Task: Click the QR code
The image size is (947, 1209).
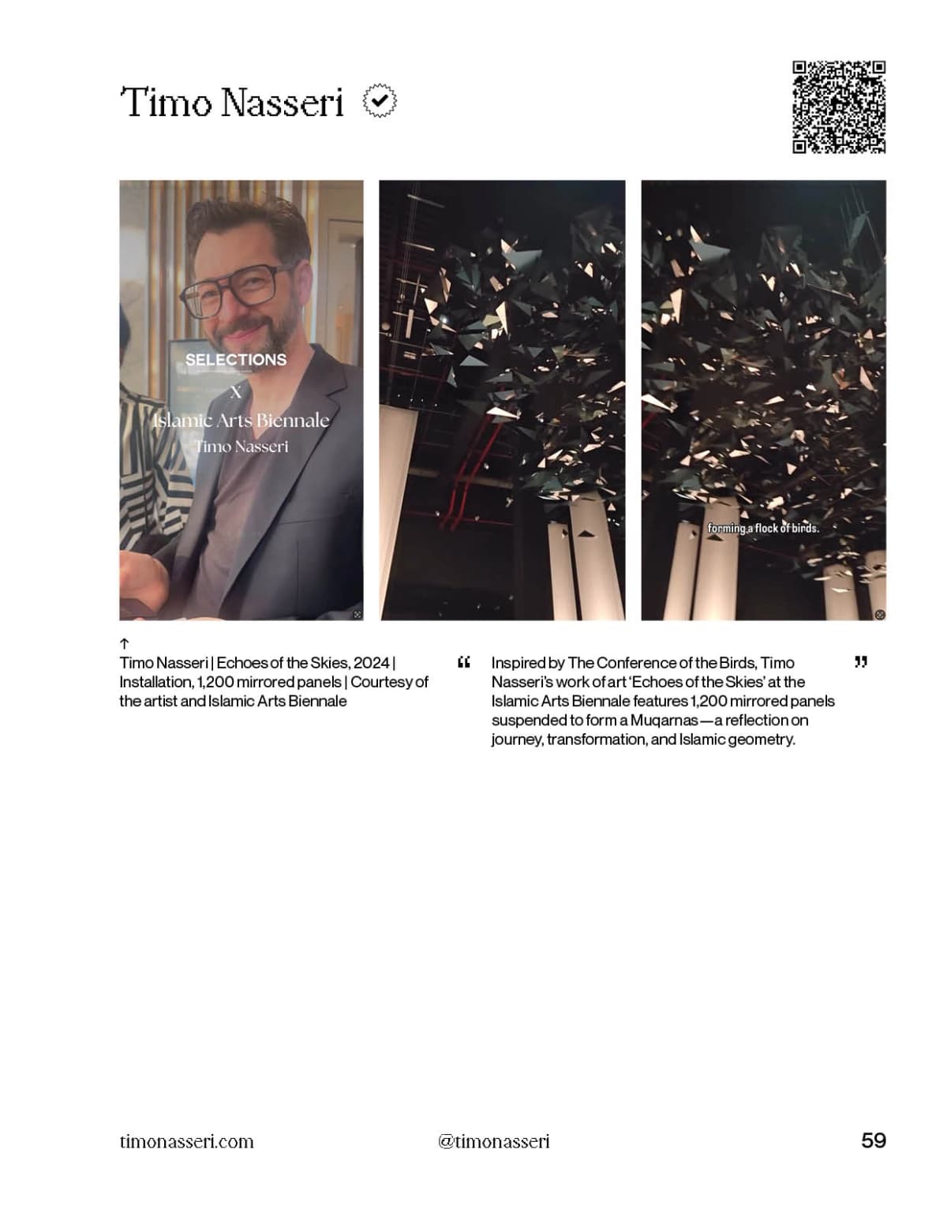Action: coord(839,107)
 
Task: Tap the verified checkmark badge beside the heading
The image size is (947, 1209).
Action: coord(380,101)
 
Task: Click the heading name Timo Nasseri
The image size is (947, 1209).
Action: coord(232,103)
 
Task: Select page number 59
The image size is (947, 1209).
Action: coord(874,1140)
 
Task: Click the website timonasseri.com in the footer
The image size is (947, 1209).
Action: coord(187,1141)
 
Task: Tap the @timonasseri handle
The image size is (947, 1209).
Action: coord(494,1141)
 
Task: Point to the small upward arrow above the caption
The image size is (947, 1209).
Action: coord(125,644)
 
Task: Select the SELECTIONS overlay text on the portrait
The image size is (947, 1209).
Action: coord(236,360)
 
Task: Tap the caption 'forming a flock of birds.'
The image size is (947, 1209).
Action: coord(763,528)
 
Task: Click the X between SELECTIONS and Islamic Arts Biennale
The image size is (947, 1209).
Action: coord(235,392)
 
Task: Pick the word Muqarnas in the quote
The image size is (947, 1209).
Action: coord(664,720)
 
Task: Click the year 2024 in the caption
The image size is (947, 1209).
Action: coord(372,663)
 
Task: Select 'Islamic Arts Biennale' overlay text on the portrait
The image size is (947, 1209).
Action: coord(241,420)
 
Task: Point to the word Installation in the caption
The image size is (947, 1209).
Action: coord(155,682)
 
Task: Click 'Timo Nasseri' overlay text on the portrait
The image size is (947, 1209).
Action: coord(241,447)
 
